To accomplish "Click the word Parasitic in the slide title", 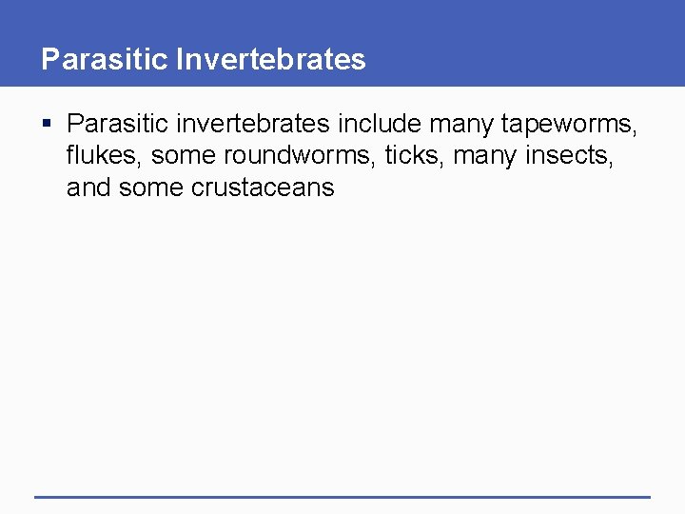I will coord(105,59).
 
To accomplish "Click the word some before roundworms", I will coord(184,155).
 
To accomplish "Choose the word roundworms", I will coord(300,155).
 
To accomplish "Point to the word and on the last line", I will coord(88,187).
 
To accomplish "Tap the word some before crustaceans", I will coord(151,187).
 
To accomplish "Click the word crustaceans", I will coord(264,187).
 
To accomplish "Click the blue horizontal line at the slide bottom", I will coord(342,496).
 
